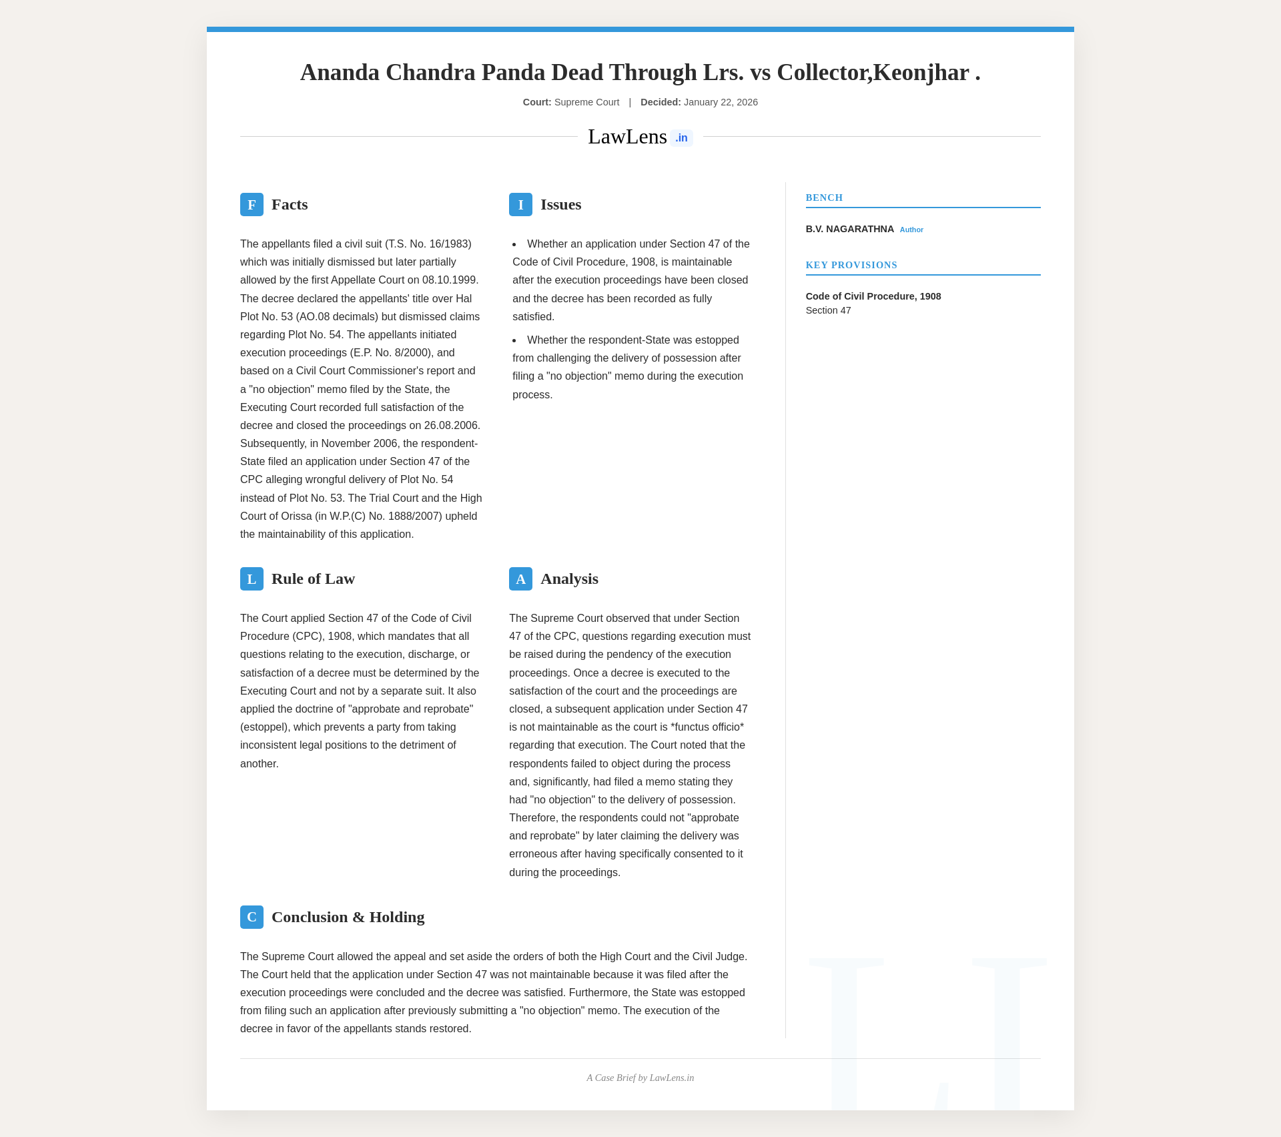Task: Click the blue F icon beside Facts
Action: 252,205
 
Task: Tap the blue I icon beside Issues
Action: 520,205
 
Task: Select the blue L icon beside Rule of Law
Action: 252,579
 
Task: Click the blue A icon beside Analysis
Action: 520,579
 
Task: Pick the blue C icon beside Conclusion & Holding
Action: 252,917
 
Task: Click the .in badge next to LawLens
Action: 681,138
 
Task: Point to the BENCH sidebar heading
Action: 824,198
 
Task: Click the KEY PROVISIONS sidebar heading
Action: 851,266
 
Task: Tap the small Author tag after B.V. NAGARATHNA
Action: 911,230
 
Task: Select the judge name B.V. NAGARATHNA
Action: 849,230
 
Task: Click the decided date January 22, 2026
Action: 721,103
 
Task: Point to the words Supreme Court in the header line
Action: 586,103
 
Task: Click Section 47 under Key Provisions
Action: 828,311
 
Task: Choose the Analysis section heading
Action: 569,579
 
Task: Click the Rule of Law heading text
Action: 313,579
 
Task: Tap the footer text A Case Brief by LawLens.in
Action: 640,1078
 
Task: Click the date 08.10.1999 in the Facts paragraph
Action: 449,280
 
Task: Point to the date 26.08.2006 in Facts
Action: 452,426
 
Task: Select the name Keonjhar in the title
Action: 921,73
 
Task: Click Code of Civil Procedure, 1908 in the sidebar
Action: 873,297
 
